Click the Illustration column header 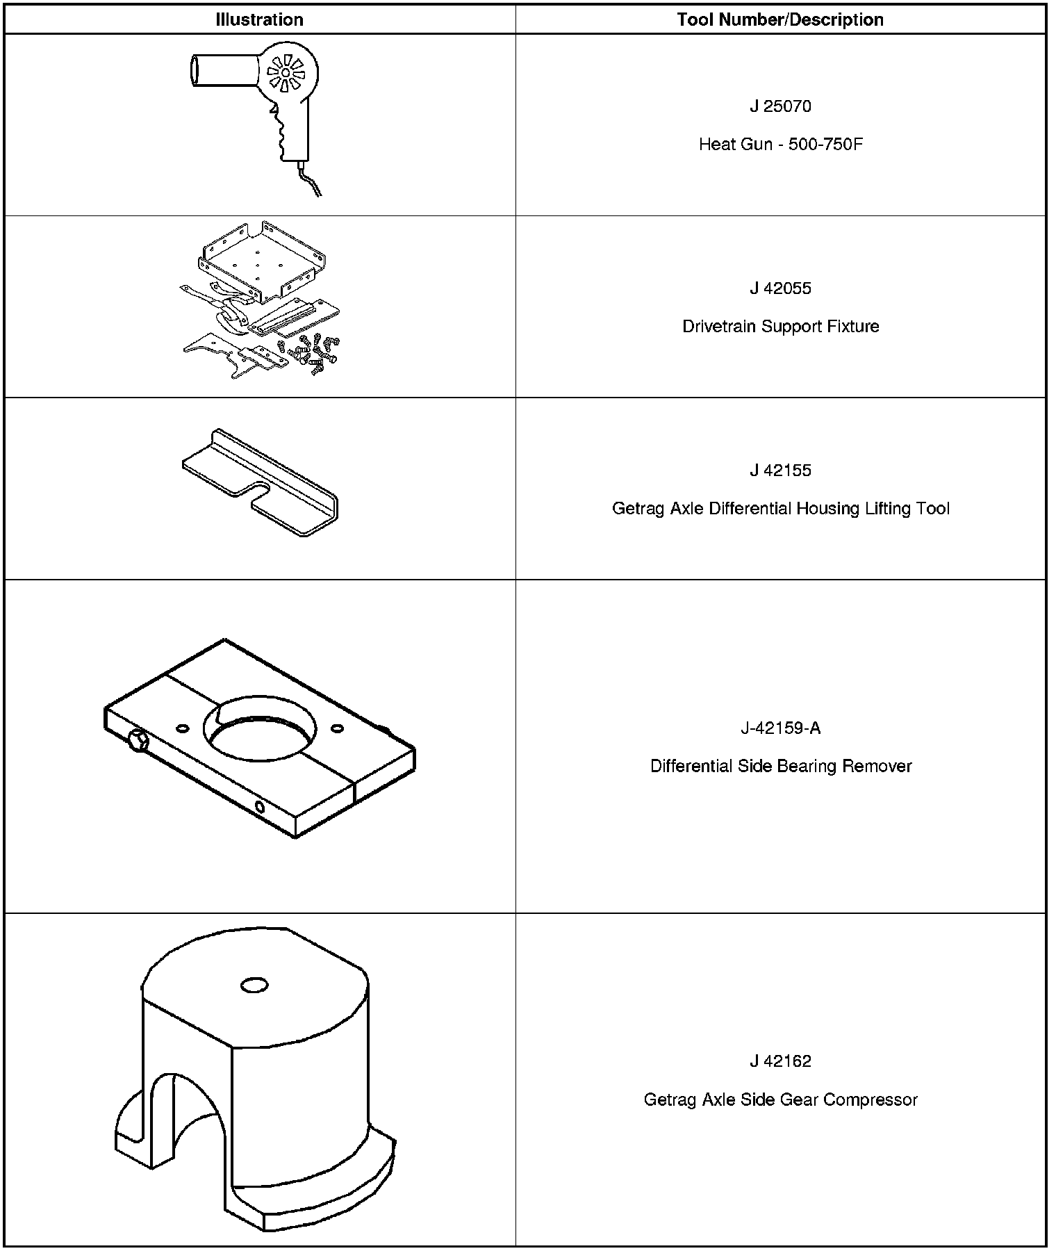point(259,19)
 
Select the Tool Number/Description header point(780,19)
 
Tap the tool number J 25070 point(780,106)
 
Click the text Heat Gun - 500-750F point(780,145)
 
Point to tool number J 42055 point(780,288)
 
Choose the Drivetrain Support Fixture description point(780,327)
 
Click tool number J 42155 point(780,471)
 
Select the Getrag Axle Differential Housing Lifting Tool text point(780,509)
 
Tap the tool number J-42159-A point(780,728)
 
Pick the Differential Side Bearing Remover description point(780,767)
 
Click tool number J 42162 point(780,1061)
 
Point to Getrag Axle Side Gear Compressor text point(780,1100)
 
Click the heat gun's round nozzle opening point(195,70)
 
